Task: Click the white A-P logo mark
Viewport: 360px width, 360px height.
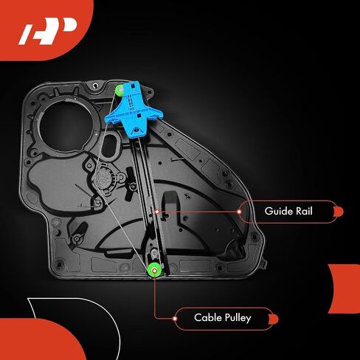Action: [x=47, y=31]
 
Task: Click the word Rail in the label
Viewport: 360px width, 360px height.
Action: [x=304, y=211]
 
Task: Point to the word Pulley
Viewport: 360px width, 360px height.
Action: [x=238, y=318]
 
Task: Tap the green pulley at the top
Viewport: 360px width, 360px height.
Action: [x=120, y=91]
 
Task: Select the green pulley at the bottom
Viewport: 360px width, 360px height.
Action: [x=154, y=270]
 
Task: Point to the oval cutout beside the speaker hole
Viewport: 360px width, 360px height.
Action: [x=110, y=146]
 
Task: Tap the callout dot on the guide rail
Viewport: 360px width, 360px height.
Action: [x=157, y=212]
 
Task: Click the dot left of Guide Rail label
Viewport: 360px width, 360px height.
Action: [x=239, y=212]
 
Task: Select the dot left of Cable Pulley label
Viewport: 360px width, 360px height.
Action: [x=175, y=319]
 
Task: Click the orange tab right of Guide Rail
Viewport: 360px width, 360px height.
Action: [x=339, y=212]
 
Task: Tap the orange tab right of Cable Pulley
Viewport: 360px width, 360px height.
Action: [x=274, y=319]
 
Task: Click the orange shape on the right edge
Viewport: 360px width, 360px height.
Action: [x=345, y=288]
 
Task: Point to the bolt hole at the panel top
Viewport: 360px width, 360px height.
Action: [x=95, y=86]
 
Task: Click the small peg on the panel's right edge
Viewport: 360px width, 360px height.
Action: [x=264, y=263]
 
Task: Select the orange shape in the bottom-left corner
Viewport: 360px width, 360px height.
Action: [x=41, y=339]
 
